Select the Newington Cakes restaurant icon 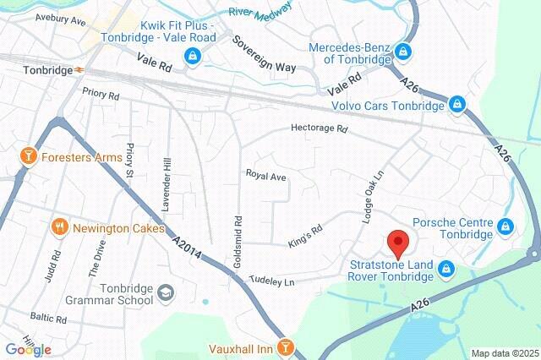(59, 226)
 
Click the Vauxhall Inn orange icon (287, 346)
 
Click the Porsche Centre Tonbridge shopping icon (505, 227)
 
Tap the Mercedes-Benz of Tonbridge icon (404, 52)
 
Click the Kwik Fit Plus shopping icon (194, 57)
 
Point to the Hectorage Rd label (320, 129)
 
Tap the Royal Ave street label (266, 175)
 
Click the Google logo (28, 349)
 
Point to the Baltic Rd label (48, 319)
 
